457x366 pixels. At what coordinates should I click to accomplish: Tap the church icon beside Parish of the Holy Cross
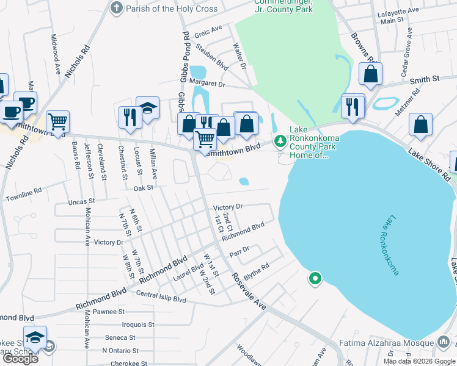click(115, 9)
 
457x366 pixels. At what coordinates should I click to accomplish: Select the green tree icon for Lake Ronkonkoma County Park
click(280, 142)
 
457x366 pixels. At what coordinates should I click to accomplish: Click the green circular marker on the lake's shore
click(315, 279)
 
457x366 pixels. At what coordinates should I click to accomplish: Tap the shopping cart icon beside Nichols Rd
click(57, 121)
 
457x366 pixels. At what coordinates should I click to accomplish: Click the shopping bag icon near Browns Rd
click(370, 74)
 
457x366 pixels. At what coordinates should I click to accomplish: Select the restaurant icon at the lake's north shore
click(353, 106)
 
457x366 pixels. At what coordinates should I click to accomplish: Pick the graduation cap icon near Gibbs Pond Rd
click(147, 108)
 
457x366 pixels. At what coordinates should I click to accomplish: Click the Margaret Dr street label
click(207, 84)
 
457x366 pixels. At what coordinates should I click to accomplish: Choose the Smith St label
click(425, 80)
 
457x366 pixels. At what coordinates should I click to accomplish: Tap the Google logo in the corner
click(20, 359)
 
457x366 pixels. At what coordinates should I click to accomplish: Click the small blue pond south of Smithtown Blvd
click(244, 181)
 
